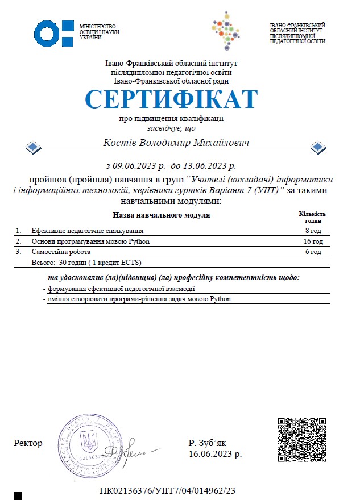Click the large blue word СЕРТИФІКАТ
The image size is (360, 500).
tap(171, 100)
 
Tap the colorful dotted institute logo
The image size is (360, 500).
tap(224, 31)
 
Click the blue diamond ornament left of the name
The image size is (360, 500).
tap(34, 148)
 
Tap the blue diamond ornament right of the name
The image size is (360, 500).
tap(318, 148)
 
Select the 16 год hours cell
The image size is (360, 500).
tap(312, 241)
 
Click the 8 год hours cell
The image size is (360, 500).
tap(313, 231)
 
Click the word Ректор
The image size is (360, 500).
tap(28, 443)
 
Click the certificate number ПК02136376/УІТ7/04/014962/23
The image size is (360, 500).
tap(167, 490)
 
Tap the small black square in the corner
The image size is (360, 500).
tap(18, 495)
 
